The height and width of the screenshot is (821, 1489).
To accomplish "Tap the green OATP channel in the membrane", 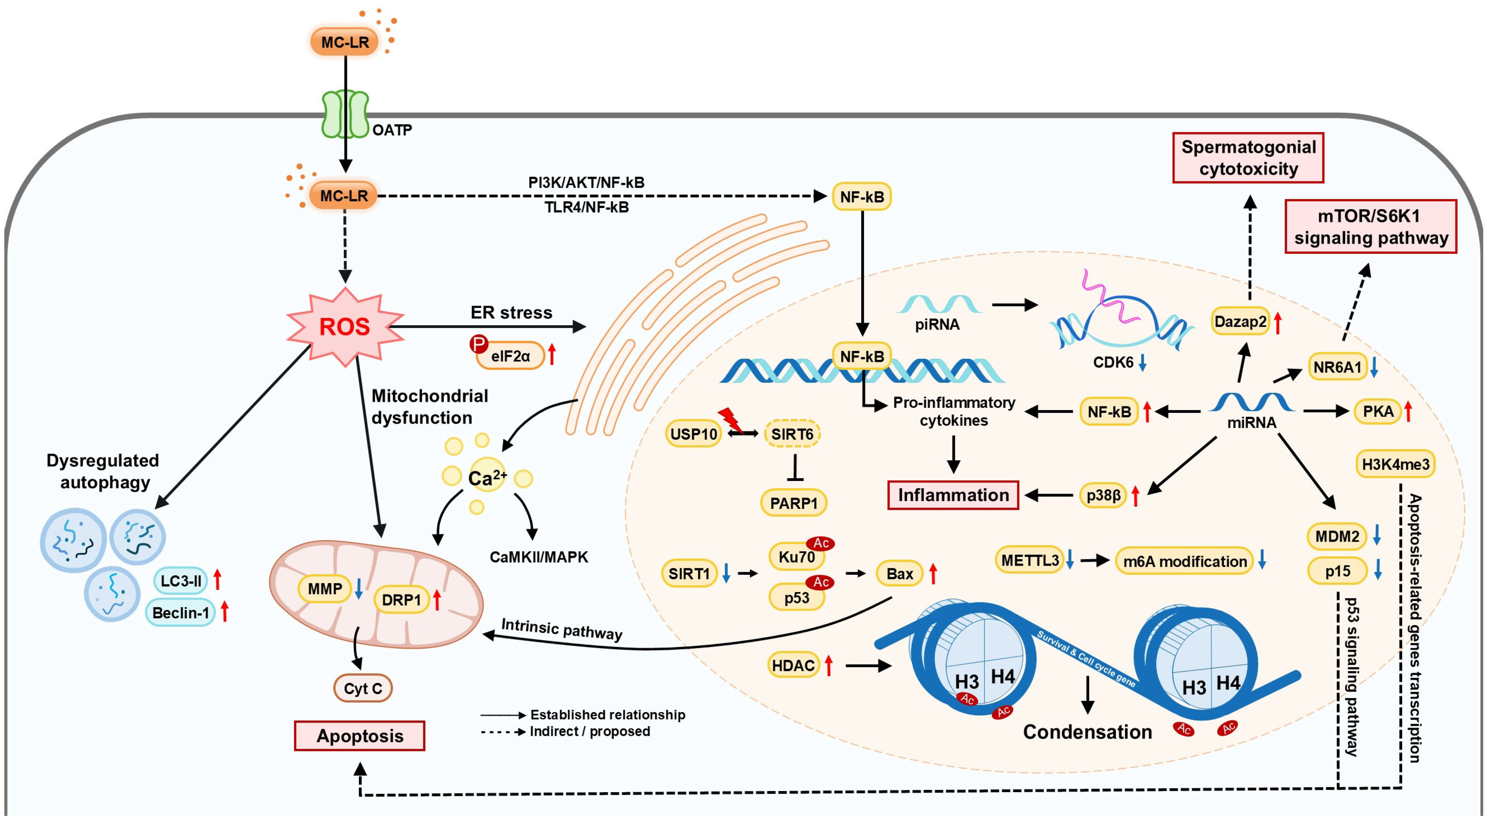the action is (x=345, y=114).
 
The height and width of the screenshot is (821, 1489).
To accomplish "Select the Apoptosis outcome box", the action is (x=360, y=736).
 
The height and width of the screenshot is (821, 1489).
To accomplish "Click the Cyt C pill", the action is (x=363, y=688).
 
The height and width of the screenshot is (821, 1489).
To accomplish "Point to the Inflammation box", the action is (x=953, y=495).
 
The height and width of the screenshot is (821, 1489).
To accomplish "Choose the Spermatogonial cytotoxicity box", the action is (x=1248, y=158).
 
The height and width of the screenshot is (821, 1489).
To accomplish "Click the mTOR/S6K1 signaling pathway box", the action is (x=1370, y=227).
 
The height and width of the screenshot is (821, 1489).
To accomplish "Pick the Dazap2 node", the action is (x=1240, y=322).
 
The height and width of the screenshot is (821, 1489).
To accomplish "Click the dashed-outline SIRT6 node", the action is (x=792, y=434).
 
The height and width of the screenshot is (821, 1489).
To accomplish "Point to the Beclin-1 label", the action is (x=180, y=612).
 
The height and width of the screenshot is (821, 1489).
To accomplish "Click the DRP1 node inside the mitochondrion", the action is (x=401, y=600).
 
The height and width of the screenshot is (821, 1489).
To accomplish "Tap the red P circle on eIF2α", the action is (x=479, y=345).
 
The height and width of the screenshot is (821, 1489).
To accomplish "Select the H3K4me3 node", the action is (x=1395, y=464).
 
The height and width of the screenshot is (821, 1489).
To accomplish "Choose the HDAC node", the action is (x=793, y=666).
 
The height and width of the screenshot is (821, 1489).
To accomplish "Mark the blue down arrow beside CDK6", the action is (x=1142, y=362).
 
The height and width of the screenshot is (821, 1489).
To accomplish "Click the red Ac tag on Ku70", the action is (x=821, y=543).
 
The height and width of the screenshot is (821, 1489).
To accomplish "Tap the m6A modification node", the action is (x=1184, y=561).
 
